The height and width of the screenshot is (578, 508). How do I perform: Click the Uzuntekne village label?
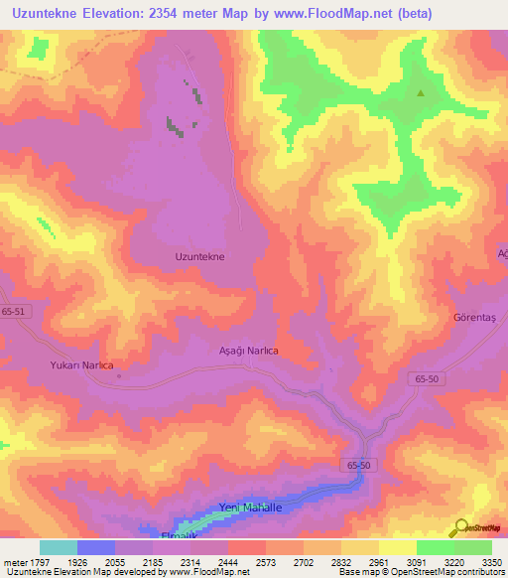click(x=199, y=256)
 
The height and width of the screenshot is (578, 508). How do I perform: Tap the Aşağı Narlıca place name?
click(x=248, y=351)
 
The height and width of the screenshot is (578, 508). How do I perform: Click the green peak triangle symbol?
click(x=421, y=94)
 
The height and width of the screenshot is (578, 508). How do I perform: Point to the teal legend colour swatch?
click(x=59, y=547)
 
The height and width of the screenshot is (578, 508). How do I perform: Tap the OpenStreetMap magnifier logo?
click(x=460, y=527)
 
